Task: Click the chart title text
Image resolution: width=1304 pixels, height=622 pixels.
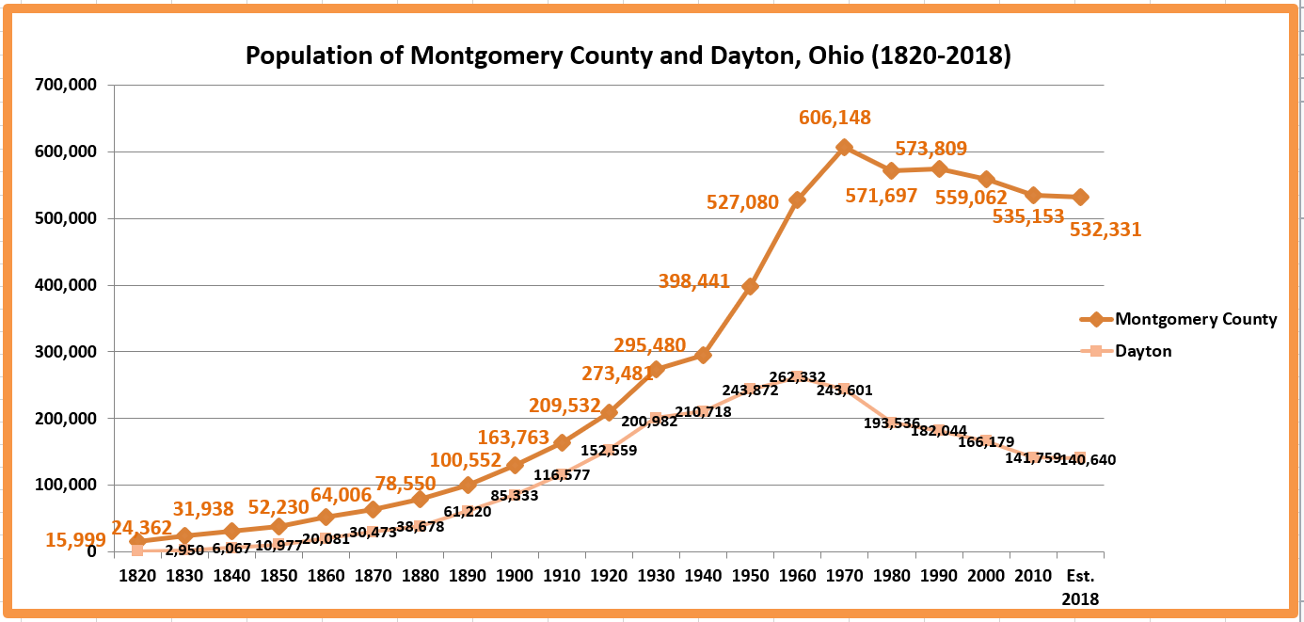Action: (628, 56)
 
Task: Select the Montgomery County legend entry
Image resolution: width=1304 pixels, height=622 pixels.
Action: (1195, 319)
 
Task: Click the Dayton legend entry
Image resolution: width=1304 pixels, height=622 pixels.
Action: (1143, 351)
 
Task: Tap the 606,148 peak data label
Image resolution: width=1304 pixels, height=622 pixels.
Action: (835, 118)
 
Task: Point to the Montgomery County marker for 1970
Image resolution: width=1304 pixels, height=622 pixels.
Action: (844, 148)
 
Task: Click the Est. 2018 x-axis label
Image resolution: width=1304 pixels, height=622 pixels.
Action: (1080, 585)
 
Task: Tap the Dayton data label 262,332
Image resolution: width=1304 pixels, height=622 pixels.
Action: (797, 377)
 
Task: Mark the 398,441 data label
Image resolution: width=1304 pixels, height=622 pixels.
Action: (694, 281)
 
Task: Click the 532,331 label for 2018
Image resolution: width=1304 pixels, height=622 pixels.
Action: (1105, 229)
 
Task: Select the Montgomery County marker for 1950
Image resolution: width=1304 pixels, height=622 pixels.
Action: (750, 286)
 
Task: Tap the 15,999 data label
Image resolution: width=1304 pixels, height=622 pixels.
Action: (74, 540)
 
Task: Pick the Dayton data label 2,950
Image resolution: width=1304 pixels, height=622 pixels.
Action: (184, 550)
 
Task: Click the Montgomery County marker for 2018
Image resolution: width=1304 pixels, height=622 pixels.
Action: (1080, 198)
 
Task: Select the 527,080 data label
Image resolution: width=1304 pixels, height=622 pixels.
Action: (744, 201)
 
